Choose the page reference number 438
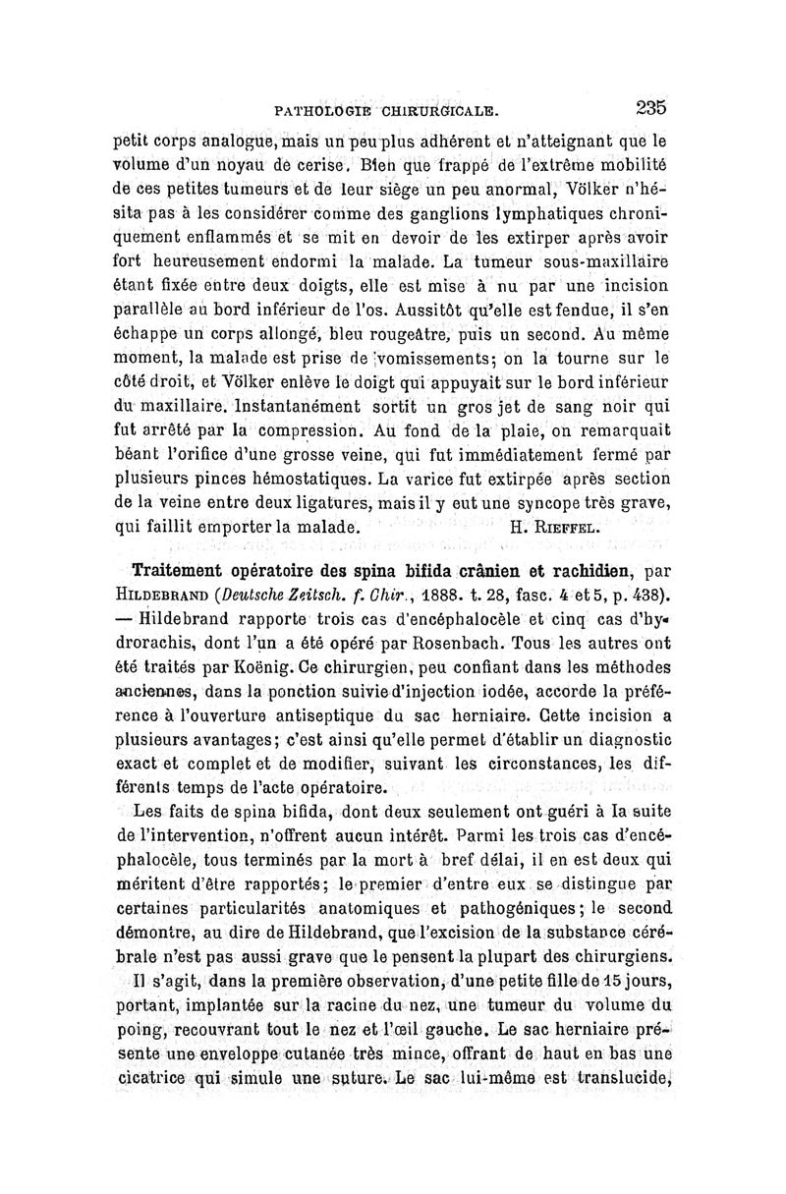646,596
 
